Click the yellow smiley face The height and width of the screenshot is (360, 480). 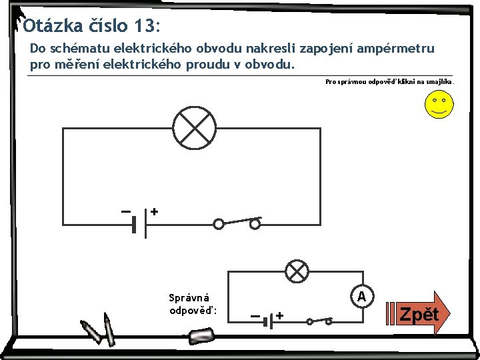(x=439, y=105)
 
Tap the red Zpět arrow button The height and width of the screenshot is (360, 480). (x=418, y=314)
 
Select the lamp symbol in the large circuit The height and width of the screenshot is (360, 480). (x=194, y=127)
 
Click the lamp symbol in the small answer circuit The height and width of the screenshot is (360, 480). (x=297, y=271)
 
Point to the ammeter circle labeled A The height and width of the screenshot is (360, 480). (x=361, y=296)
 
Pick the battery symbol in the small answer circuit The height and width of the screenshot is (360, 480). (x=268, y=321)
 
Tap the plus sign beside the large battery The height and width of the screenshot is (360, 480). (x=154, y=211)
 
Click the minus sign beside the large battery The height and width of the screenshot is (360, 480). (x=125, y=211)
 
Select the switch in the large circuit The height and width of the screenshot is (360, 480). (x=237, y=223)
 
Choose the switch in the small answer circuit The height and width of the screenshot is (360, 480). (x=319, y=321)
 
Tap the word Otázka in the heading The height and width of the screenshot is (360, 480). (x=53, y=26)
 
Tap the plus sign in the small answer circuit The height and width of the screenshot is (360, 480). (x=280, y=315)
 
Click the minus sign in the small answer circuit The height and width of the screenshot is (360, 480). (x=255, y=315)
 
